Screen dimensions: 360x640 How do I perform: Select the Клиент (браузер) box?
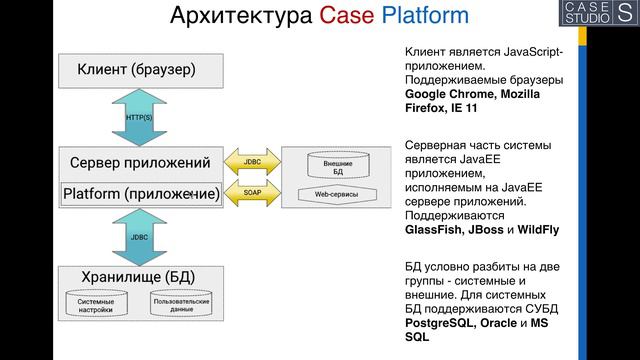tap(136, 70)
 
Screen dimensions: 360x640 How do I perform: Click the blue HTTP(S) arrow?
tap(139, 117)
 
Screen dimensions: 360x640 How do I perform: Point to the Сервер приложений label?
tap(140, 162)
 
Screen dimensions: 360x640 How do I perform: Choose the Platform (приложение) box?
tap(140, 193)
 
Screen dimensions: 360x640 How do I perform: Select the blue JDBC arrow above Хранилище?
tap(139, 237)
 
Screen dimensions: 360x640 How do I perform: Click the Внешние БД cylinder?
tap(337, 167)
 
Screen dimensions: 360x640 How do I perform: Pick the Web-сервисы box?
tap(337, 194)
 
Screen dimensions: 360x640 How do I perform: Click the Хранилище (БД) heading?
tap(136, 276)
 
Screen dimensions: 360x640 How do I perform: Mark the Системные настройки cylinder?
tap(96, 305)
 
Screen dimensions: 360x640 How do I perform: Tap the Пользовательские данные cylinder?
tap(181, 305)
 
